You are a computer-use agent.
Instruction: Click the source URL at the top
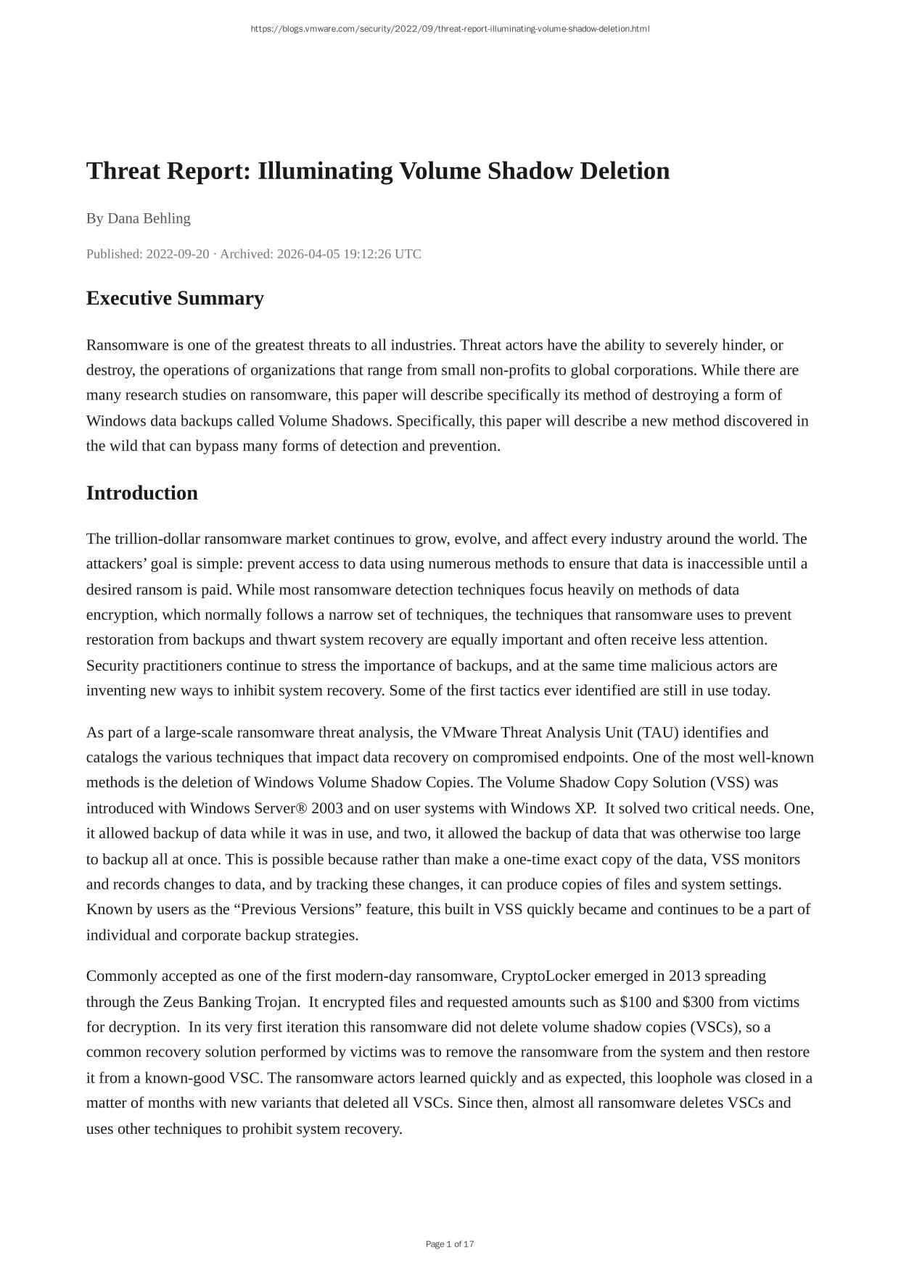450,29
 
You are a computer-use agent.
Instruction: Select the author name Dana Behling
149,218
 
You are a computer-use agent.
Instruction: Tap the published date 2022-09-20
177,254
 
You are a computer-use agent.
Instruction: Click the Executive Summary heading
175,299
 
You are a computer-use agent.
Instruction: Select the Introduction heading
142,493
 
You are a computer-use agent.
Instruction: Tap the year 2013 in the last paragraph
684,976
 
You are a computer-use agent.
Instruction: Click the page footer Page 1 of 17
450,1244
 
